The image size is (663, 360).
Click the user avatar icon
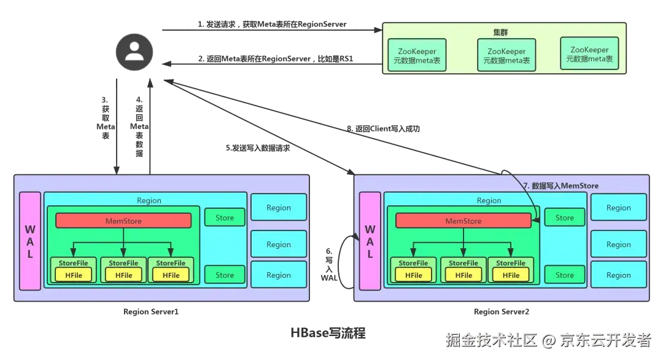tap(133, 49)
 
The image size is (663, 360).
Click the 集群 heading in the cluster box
tap(500, 32)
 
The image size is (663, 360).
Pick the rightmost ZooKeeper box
tap(589, 54)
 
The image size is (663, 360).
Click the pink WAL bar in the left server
tap(29, 241)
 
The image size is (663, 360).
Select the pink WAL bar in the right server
tap(370, 241)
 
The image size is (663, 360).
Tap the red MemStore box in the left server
tap(123, 221)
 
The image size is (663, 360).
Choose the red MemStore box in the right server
tap(463, 221)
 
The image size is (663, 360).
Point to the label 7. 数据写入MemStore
tap(560, 186)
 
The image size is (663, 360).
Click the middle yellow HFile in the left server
tap(123, 275)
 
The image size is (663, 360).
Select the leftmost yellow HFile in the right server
tap(413, 275)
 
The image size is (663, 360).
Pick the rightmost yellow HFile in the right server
tap(511, 275)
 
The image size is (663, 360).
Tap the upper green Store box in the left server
tap(225, 217)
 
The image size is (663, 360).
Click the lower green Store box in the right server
tap(564, 275)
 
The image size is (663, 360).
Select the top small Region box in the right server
tap(618, 208)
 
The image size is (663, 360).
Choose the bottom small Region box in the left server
tap(278, 275)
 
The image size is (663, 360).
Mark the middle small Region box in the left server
tap(278, 245)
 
